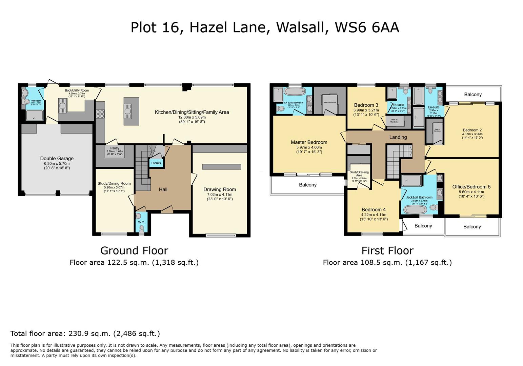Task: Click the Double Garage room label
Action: coord(57,158)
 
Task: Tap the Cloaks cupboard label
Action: coord(156,163)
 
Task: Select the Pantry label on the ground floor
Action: coord(115,148)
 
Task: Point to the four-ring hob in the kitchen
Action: coord(100,114)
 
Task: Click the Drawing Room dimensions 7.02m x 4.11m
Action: coord(220,195)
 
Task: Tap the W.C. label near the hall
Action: coord(141,222)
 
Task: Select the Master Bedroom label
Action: coord(309,142)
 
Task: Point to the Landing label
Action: coord(398,137)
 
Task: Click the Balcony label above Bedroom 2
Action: coord(473,95)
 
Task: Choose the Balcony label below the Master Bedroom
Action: coord(307,185)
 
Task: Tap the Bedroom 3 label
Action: coord(366,105)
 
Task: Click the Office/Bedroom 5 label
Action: coord(471,187)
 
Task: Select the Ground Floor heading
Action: coord(134,250)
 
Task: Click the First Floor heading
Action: coord(387,250)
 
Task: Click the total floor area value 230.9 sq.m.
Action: coord(89,333)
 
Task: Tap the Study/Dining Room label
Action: coord(114,183)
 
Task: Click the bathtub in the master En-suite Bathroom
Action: coord(295,91)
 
